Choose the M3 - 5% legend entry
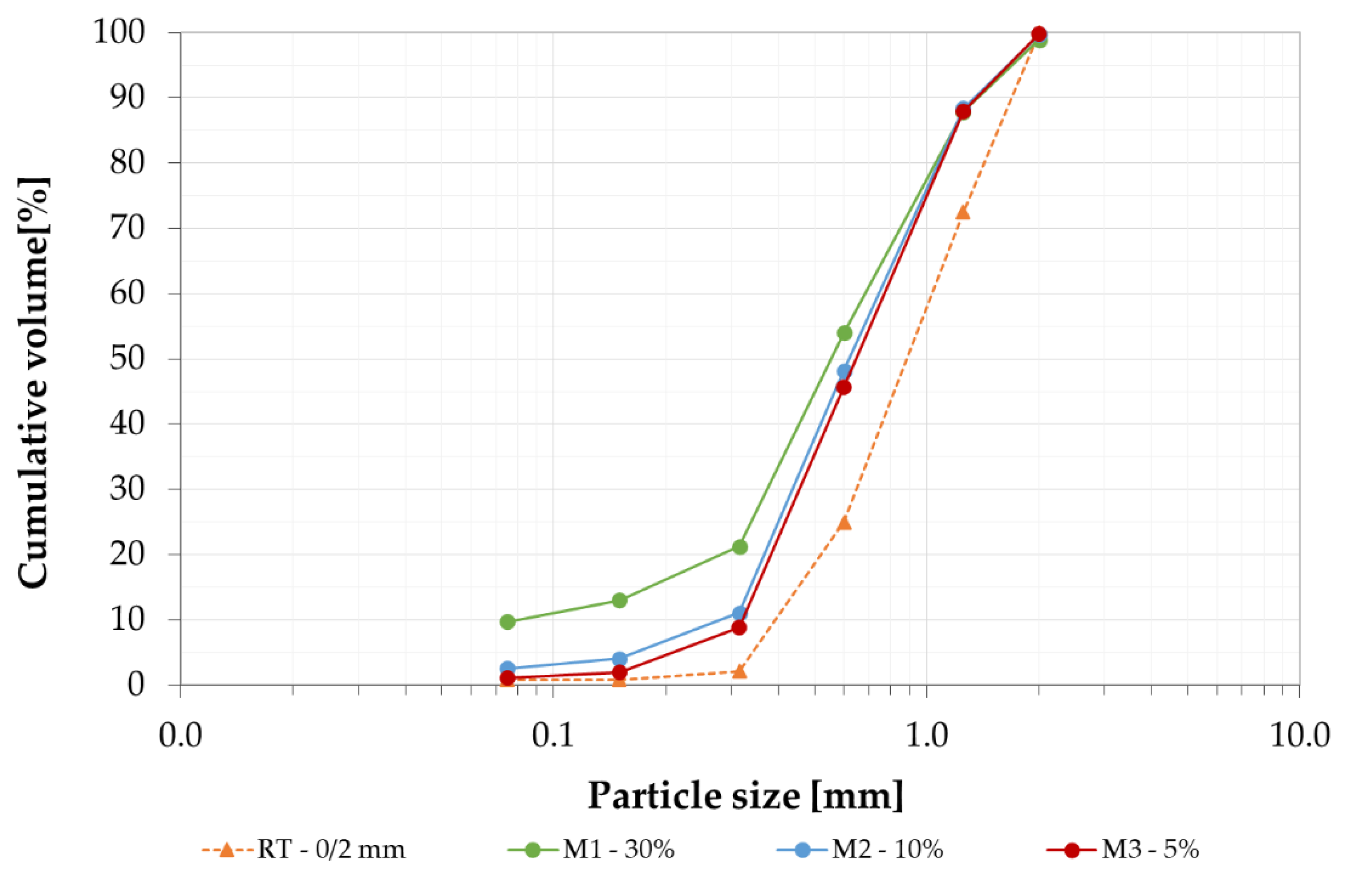pos(1124,850)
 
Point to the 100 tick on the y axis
pos(119,32)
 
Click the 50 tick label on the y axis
pos(127,359)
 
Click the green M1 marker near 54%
pos(844,333)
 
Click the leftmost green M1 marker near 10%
pos(508,621)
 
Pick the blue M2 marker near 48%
pos(844,371)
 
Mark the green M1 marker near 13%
pos(620,600)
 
